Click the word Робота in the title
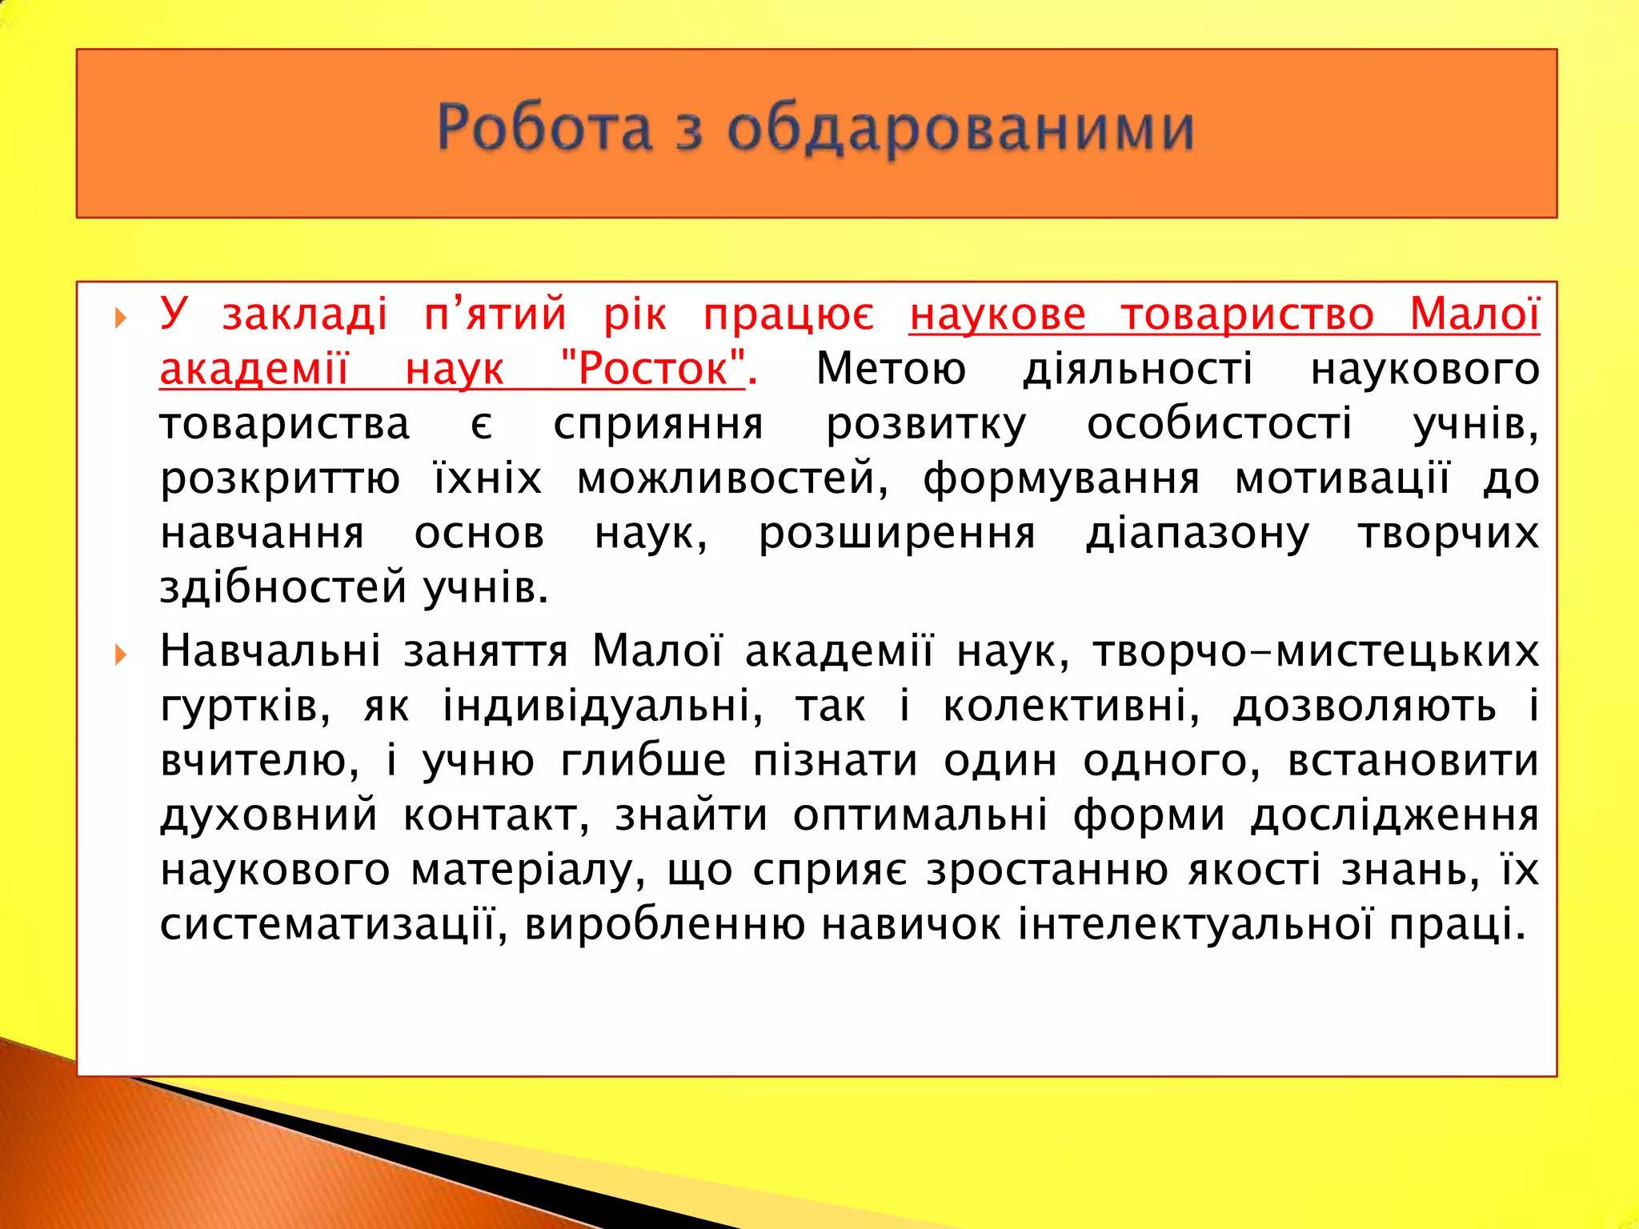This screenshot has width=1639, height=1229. point(544,128)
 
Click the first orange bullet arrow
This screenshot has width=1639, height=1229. point(121,318)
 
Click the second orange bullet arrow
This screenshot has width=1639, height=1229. point(121,655)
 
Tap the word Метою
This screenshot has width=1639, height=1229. point(891,369)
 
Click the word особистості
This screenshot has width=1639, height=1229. point(1219,423)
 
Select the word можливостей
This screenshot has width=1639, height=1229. point(732,478)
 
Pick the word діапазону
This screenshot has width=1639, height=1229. point(1197,534)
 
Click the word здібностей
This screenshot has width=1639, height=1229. point(283,588)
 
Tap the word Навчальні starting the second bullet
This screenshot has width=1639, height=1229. point(270,651)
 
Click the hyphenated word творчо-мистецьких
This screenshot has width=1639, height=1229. point(1316,651)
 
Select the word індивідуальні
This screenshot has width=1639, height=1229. point(603,706)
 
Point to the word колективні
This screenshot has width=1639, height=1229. point(1072,706)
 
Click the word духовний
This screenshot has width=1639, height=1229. point(268,815)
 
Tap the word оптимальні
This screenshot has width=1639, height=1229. point(920,815)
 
